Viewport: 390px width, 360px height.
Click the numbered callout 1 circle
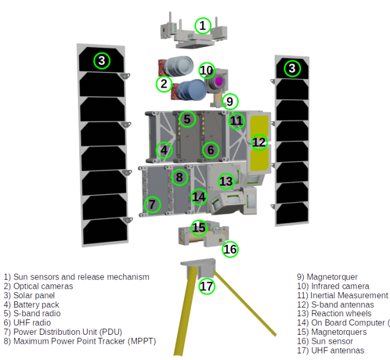tap(203, 25)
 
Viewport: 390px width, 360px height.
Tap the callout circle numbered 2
tap(163, 85)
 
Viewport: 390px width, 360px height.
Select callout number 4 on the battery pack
tap(164, 150)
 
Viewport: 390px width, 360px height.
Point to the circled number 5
tap(187, 119)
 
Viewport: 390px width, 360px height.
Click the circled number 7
tap(152, 205)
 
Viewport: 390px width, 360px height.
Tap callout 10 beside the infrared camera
tap(206, 71)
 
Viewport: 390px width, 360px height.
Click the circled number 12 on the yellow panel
tap(259, 143)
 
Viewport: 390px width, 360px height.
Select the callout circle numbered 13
tap(226, 181)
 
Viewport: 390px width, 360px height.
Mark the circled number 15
tap(199, 228)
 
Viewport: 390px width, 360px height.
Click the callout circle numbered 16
tap(230, 249)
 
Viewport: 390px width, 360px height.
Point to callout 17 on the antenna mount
tap(206, 286)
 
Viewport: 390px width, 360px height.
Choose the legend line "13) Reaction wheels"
tap(335, 314)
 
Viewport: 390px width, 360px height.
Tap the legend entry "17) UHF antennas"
tap(331, 350)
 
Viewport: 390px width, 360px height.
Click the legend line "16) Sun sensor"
tap(327, 341)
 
